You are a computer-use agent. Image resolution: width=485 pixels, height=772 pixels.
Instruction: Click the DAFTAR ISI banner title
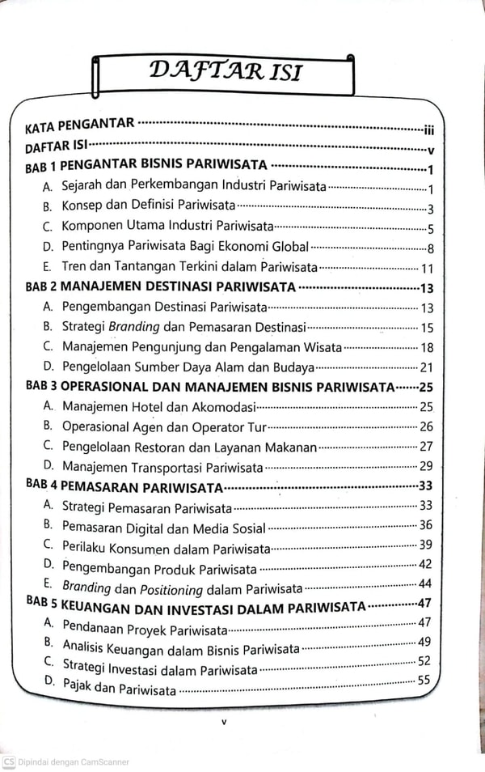click(x=226, y=72)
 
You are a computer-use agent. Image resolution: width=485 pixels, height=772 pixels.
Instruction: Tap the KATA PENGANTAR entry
click(x=79, y=126)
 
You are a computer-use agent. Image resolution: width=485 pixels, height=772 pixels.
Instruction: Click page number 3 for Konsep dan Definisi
click(x=431, y=209)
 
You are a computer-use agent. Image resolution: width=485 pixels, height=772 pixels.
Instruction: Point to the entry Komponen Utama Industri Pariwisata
click(x=168, y=227)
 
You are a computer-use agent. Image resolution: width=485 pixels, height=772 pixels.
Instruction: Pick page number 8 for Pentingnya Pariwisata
click(x=431, y=248)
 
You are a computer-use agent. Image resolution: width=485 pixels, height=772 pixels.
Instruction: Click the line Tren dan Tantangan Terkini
click(x=190, y=267)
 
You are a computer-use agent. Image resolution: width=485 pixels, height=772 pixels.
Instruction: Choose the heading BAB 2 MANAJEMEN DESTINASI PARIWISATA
click(x=161, y=287)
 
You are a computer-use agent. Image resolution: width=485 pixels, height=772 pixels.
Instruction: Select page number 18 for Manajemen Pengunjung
click(x=427, y=348)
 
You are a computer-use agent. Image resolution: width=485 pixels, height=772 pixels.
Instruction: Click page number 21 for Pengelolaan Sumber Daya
click(x=427, y=367)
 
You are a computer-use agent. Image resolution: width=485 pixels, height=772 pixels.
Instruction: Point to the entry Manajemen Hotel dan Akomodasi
click(x=159, y=406)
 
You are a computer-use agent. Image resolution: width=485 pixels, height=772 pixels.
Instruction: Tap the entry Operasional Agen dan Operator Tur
click(x=164, y=426)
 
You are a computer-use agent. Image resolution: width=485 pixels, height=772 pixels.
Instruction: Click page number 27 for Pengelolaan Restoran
click(x=427, y=446)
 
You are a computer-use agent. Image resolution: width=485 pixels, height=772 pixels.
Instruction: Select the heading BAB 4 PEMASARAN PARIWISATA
click(x=124, y=486)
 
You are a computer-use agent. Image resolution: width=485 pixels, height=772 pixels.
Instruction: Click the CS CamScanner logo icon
click(x=9, y=761)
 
